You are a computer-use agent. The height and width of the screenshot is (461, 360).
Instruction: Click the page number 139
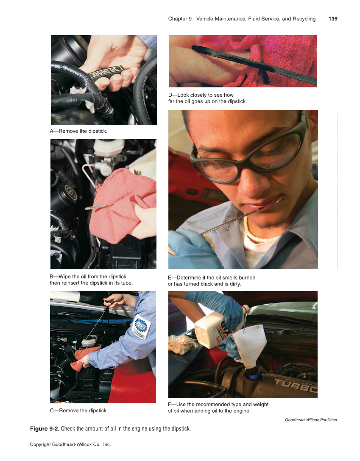click(333, 19)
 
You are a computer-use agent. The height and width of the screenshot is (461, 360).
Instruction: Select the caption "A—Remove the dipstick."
click(79, 131)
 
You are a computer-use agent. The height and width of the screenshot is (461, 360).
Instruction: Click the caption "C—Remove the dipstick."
click(79, 411)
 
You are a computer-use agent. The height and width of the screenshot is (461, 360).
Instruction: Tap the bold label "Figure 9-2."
click(45, 429)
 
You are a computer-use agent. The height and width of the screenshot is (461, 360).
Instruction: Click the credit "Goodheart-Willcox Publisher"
click(311, 420)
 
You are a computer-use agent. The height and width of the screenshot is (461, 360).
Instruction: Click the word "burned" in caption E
click(246, 278)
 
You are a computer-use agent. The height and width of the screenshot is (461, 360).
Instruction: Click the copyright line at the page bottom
click(70, 444)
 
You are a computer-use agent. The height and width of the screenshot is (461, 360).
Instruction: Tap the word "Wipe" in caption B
click(65, 277)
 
